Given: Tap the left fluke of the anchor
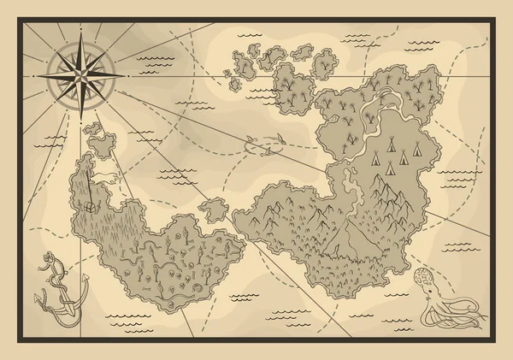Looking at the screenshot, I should tap(39, 299).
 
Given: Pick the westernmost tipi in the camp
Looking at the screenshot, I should tap(377, 156).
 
